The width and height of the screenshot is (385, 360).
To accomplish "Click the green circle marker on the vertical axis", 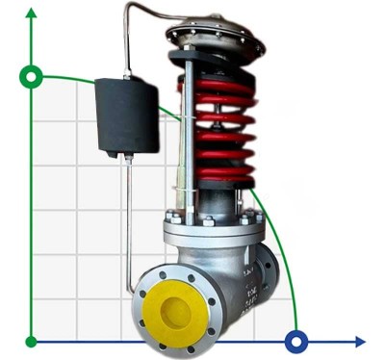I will (32, 75).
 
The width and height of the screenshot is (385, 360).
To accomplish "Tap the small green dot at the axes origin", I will (32, 341).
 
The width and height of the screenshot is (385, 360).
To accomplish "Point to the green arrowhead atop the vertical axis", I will (32, 14).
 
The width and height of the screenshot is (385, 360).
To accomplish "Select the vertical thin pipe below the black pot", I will (126, 221).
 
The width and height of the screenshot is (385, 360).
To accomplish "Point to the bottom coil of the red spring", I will (219, 177).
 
